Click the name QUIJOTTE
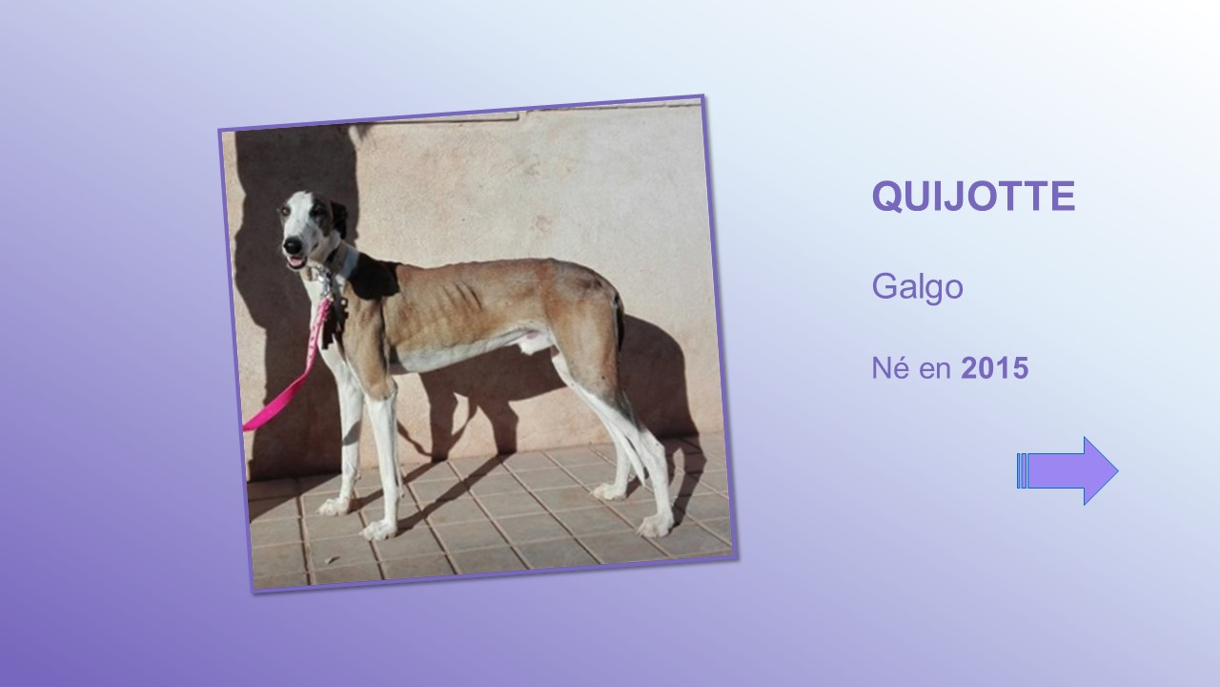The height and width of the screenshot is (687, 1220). point(973,196)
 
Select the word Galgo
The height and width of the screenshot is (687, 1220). point(917,287)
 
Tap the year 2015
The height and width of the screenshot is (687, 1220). point(994,368)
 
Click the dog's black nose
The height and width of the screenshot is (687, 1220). point(293,244)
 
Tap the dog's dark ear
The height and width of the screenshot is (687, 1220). point(338,219)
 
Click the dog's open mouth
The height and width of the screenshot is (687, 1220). point(296,261)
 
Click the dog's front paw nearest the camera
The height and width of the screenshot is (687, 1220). point(378,530)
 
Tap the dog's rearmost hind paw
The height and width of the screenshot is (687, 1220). point(655,526)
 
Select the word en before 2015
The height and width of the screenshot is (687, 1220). point(935,369)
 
